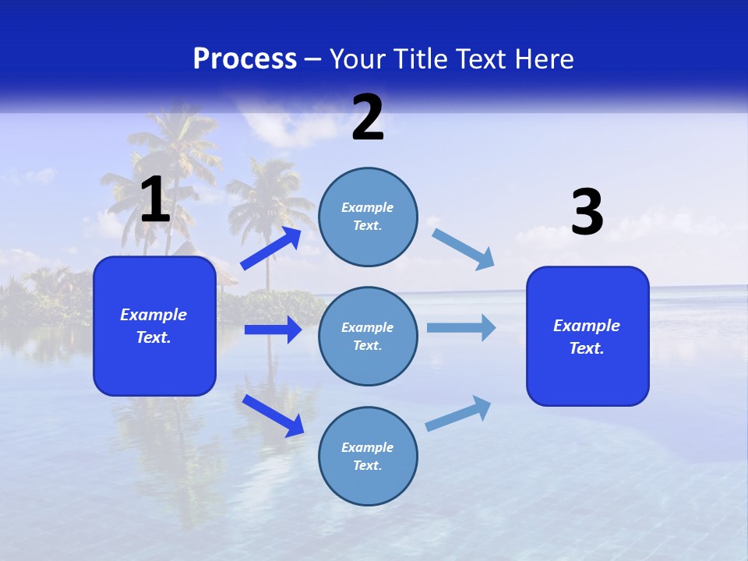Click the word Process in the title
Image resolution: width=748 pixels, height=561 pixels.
pyautogui.click(x=245, y=59)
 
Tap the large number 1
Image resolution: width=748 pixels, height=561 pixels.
pyautogui.click(x=155, y=200)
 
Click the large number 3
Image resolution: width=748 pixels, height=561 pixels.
pyautogui.click(x=587, y=213)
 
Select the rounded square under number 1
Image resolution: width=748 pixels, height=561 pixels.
pyautogui.click(x=154, y=326)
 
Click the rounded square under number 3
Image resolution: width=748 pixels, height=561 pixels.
pyautogui.click(x=587, y=336)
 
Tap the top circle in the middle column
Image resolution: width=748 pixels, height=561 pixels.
pyautogui.click(x=368, y=217)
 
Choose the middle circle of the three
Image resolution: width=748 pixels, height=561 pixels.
pyautogui.click(x=368, y=336)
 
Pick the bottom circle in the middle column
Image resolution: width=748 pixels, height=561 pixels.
pyautogui.click(x=368, y=456)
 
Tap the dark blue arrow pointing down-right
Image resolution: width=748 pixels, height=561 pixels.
pyautogui.click(x=273, y=415)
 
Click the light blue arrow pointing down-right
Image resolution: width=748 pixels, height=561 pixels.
pyautogui.click(x=464, y=249)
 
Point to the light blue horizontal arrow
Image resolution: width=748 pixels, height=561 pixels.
pyautogui.click(x=461, y=327)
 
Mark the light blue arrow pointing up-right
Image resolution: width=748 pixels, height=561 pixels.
pyautogui.click(x=459, y=413)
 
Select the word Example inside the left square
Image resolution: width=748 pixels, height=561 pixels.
pyautogui.click(x=153, y=315)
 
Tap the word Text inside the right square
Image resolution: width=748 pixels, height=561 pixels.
pyautogui.click(x=586, y=348)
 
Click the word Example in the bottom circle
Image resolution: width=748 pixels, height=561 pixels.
pyautogui.click(x=367, y=447)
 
